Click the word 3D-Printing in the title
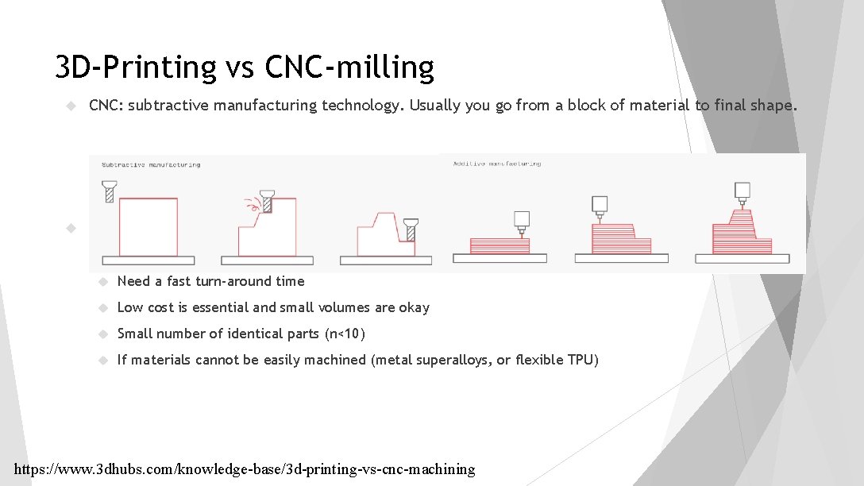(x=135, y=68)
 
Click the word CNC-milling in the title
(x=350, y=68)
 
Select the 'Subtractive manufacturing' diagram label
(x=151, y=165)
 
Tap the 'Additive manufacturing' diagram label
(x=497, y=164)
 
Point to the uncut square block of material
(x=148, y=226)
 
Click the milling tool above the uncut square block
(x=110, y=191)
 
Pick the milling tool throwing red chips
(x=268, y=202)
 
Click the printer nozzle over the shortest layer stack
(x=522, y=221)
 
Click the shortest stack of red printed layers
(x=499, y=245)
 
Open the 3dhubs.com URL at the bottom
(x=245, y=469)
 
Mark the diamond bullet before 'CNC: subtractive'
(x=70, y=106)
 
